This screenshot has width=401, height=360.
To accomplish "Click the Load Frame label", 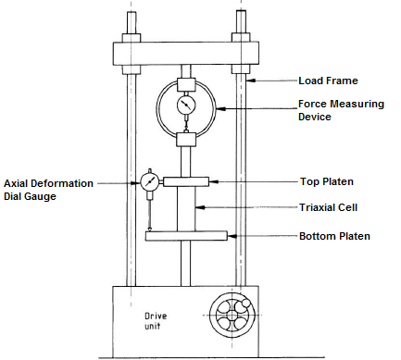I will [x=327, y=80].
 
